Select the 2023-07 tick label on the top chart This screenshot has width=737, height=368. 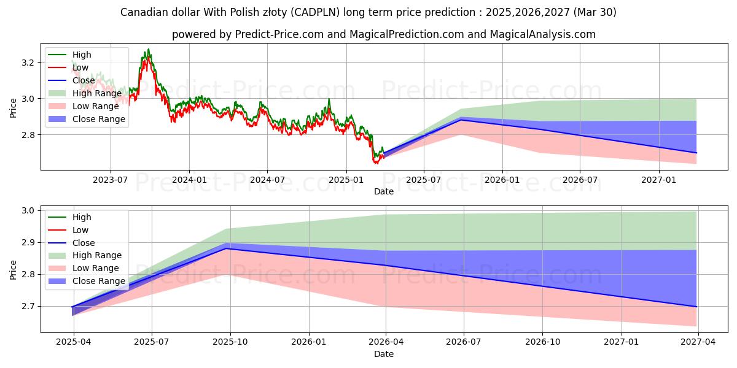pos(111,180)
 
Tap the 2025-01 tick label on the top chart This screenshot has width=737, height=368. pos(346,180)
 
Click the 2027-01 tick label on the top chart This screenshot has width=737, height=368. pos(659,180)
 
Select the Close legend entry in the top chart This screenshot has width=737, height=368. pos(84,80)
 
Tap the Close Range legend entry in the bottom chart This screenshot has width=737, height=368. pos(99,281)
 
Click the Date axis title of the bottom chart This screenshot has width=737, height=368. pos(384,354)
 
